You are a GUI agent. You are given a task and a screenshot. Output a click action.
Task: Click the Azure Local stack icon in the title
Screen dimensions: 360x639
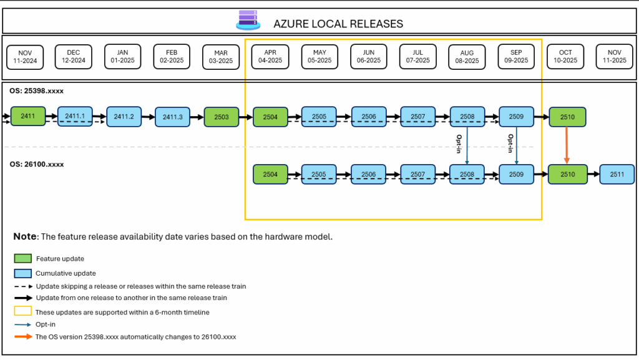[x=248, y=20]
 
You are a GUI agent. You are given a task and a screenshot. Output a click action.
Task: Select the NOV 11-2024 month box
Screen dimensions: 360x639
[x=25, y=56]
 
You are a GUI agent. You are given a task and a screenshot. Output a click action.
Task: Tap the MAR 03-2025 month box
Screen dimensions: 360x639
[x=222, y=56]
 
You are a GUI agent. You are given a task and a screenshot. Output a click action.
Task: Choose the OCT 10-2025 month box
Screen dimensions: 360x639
[x=565, y=56]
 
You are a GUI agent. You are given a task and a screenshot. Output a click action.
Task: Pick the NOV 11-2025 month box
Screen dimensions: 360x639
[x=615, y=56]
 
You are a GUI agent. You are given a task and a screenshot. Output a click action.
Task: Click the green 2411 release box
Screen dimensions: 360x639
[x=28, y=116]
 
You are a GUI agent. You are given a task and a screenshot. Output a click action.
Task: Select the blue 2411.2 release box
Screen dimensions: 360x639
[x=124, y=116]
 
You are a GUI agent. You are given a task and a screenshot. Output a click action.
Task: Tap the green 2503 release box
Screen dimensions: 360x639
[x=222, y=116]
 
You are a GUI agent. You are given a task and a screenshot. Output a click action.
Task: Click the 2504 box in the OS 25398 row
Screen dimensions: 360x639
[x=271, y=116]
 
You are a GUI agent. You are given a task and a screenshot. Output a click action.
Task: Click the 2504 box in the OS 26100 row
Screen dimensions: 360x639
[x=271, y=174]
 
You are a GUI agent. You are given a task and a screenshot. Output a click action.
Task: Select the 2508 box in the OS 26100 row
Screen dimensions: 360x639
[x=467, y=174]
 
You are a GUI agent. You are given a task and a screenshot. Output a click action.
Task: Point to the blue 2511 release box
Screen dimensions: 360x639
[x=617, y=174]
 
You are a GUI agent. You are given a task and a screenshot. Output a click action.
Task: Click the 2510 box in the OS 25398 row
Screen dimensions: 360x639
[x=567, y=117]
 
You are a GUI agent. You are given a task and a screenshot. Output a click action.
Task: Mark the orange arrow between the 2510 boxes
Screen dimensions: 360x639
[x=567, y=145]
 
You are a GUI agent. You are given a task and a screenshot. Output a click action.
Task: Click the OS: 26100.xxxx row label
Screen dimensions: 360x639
[x=36, y=164]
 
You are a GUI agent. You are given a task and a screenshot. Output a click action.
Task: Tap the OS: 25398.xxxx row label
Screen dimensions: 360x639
[x=36, y=91]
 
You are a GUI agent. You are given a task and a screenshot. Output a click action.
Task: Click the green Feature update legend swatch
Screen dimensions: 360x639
[x=22, y=258]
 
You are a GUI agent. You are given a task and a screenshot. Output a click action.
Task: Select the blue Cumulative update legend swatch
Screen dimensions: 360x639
[x=22, y=273]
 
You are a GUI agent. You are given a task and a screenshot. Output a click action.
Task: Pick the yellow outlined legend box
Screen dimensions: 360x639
[x=22, y=311]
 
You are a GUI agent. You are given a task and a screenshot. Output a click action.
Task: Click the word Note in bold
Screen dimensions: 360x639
[x=25, y=237]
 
